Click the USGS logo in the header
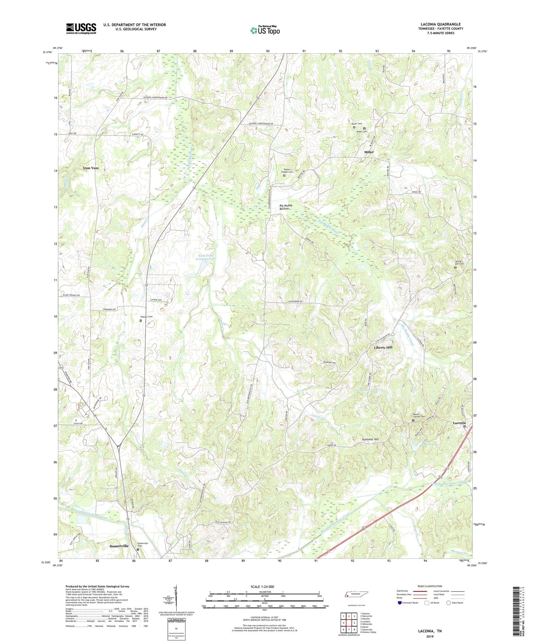point(81,28)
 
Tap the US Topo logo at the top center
point(265,31)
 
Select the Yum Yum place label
point(91,168)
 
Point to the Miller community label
point(369,152)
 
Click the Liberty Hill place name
point(383,347)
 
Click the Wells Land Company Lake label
point(206,257)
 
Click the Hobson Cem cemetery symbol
point(140,320)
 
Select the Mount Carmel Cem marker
point(413,421)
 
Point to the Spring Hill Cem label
point(459,263)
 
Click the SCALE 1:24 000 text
point(262,586)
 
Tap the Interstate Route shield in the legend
point(400,602)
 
